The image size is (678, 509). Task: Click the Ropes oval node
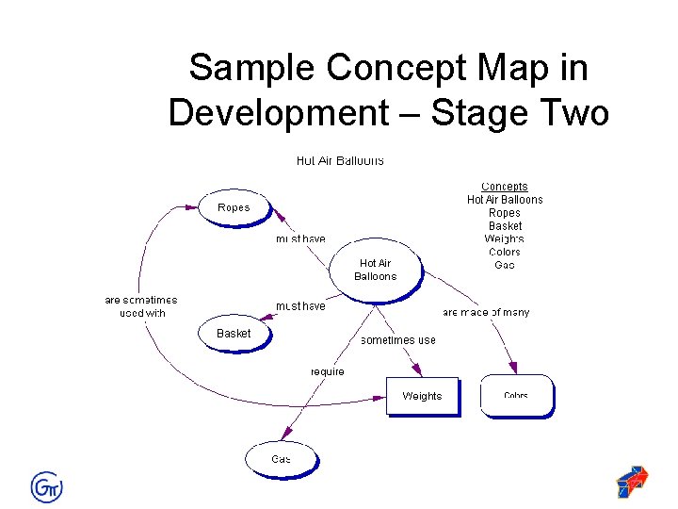tap(234, 207)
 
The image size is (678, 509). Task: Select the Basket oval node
tap(234, 334)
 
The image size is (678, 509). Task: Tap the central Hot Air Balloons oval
tap(375, 271)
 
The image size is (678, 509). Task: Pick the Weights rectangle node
tap(422, 396)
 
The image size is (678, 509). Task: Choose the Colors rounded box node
tap(516, 396)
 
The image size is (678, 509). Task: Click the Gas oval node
tap(281, 459)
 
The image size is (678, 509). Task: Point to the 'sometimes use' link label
tap(398, 340)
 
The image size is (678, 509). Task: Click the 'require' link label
tap(328, 371)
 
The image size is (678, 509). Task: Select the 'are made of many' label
tap(486, 312)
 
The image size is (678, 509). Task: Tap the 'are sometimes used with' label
tap(141, 306)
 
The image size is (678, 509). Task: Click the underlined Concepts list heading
tap(505, 187)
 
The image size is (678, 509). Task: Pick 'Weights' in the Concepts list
tap(505, 239)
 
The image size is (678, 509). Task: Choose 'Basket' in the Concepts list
tap(505, 226)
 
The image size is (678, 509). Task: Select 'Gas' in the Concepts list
tap(505, 265)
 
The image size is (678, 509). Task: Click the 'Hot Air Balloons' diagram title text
tap(340, 161)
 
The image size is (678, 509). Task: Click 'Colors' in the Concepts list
tap(505, 252)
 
